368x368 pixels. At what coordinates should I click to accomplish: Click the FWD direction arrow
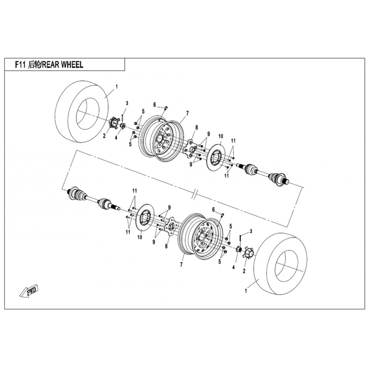(29, 291)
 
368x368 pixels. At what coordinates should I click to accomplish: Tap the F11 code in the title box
(20, 64)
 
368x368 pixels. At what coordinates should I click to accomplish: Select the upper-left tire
(83, 112)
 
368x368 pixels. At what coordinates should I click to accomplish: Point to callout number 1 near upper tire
(117, 87)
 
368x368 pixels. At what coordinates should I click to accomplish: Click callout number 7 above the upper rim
(187, 114)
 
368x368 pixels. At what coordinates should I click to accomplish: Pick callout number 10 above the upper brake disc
(221, 136)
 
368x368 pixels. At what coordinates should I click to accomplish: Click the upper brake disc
(217, 156)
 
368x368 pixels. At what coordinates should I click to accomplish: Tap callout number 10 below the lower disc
(140, 237)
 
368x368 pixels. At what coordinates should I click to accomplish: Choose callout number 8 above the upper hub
(197, 127)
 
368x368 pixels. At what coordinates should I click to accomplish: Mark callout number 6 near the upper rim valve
(155, 105)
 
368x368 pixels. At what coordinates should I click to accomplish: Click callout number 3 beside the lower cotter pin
(251, 231)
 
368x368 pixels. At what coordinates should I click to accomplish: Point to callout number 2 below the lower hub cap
(244, 271)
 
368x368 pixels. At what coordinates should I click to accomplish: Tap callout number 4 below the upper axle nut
(116, 138)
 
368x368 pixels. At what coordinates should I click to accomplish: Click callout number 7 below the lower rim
(181, 265)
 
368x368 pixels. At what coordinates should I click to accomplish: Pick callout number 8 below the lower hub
(166, 246)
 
